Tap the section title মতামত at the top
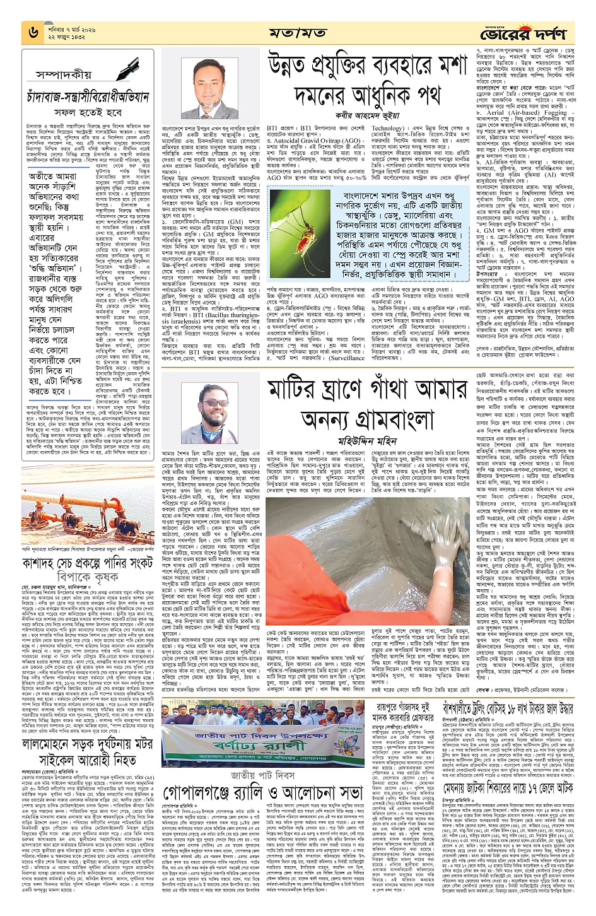pos(297,33)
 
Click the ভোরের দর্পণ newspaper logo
pos(527,32)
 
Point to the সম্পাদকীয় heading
pos(64,74)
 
